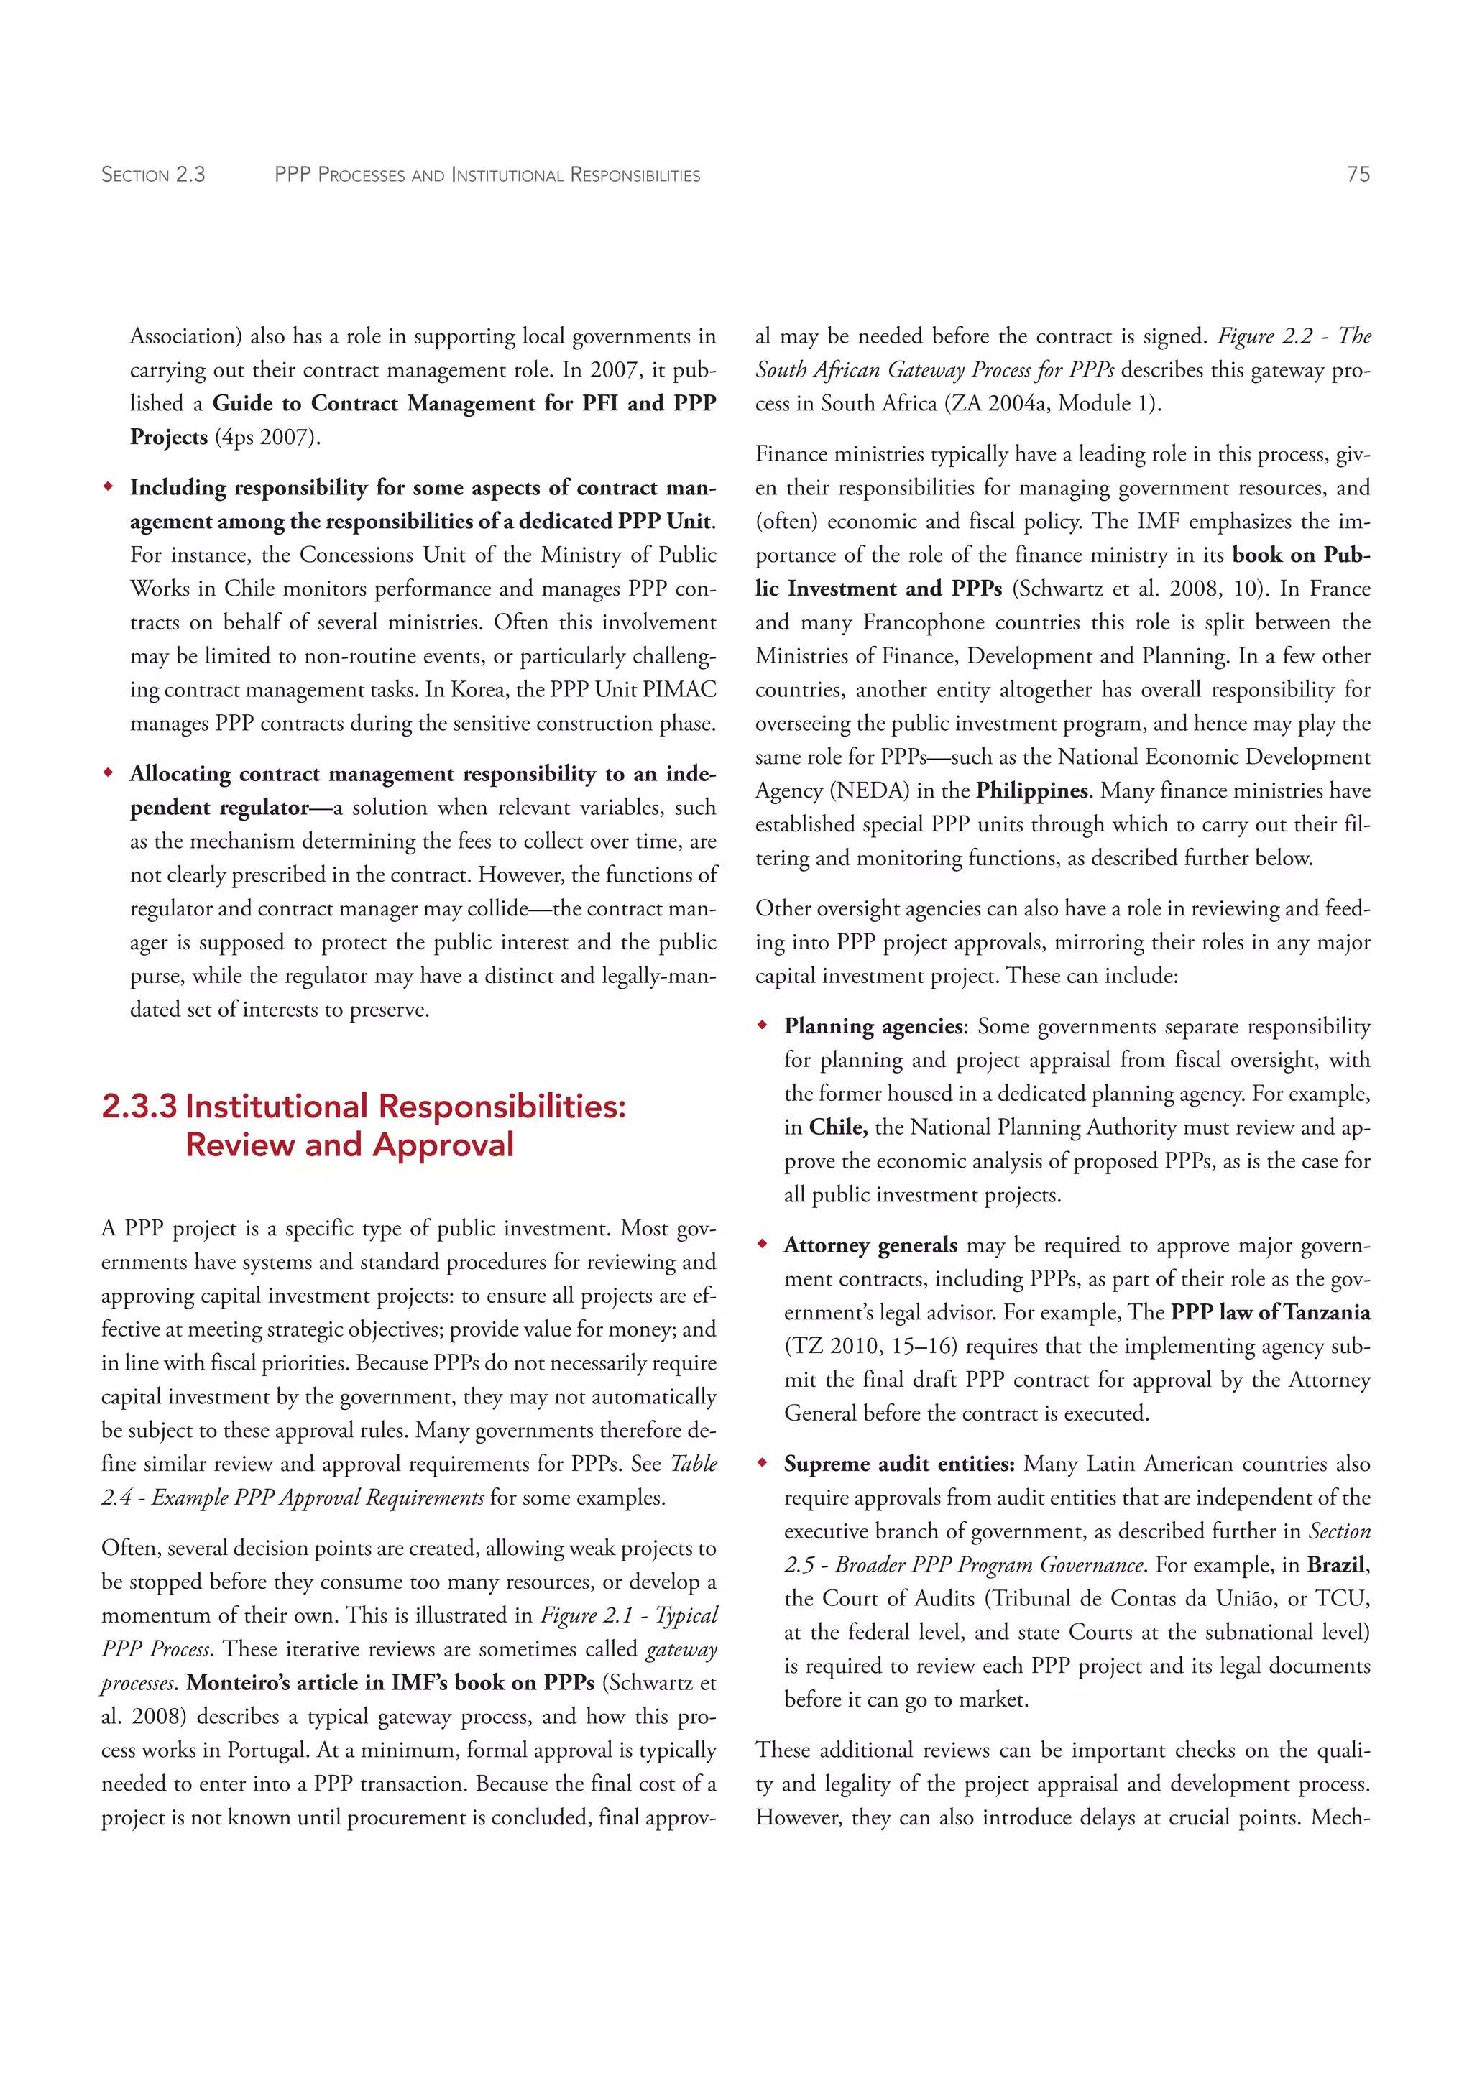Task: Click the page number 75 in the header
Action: click(x=1358, y=174)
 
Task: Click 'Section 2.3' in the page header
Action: click(x=153, y=175)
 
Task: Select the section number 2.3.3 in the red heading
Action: click(x=139, y=1107)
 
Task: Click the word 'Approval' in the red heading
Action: click(x=442, y=1145)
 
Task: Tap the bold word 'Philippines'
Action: click(x=1031, y=790)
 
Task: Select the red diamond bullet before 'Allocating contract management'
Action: click(x=108, y=773)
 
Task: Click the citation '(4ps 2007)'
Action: click(x=267, y=437)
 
